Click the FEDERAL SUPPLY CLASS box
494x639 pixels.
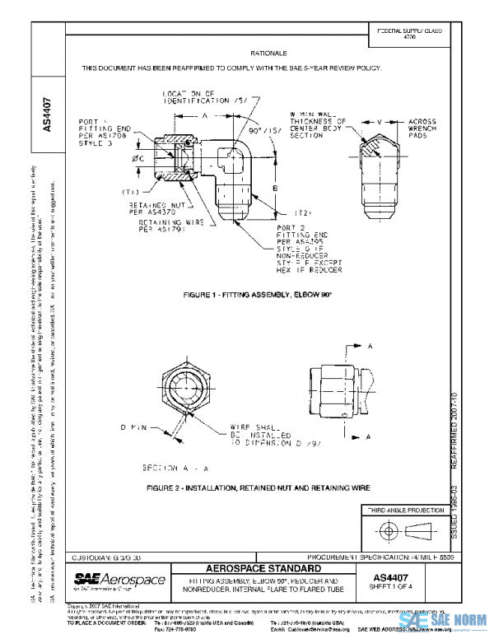408,34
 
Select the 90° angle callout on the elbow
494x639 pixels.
254,131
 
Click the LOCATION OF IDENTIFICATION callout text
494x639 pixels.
195,100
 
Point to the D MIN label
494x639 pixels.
134,428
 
